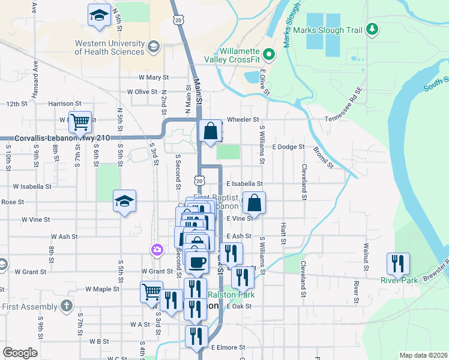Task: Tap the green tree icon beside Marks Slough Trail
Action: [372, 28]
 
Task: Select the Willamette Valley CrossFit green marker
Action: [269, 56]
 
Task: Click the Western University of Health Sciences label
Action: [109, 47]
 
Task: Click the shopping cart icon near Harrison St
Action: [79, 122]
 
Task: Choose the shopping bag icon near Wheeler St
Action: [211, 131]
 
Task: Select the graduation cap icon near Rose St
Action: [124, 202]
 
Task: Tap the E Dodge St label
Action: [289, 146]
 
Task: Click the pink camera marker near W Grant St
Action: [157, 250]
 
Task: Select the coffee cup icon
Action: [197, 261]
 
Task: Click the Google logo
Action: [20, 353]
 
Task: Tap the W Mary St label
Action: [154, 77]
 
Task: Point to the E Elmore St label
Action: [228, 347]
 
